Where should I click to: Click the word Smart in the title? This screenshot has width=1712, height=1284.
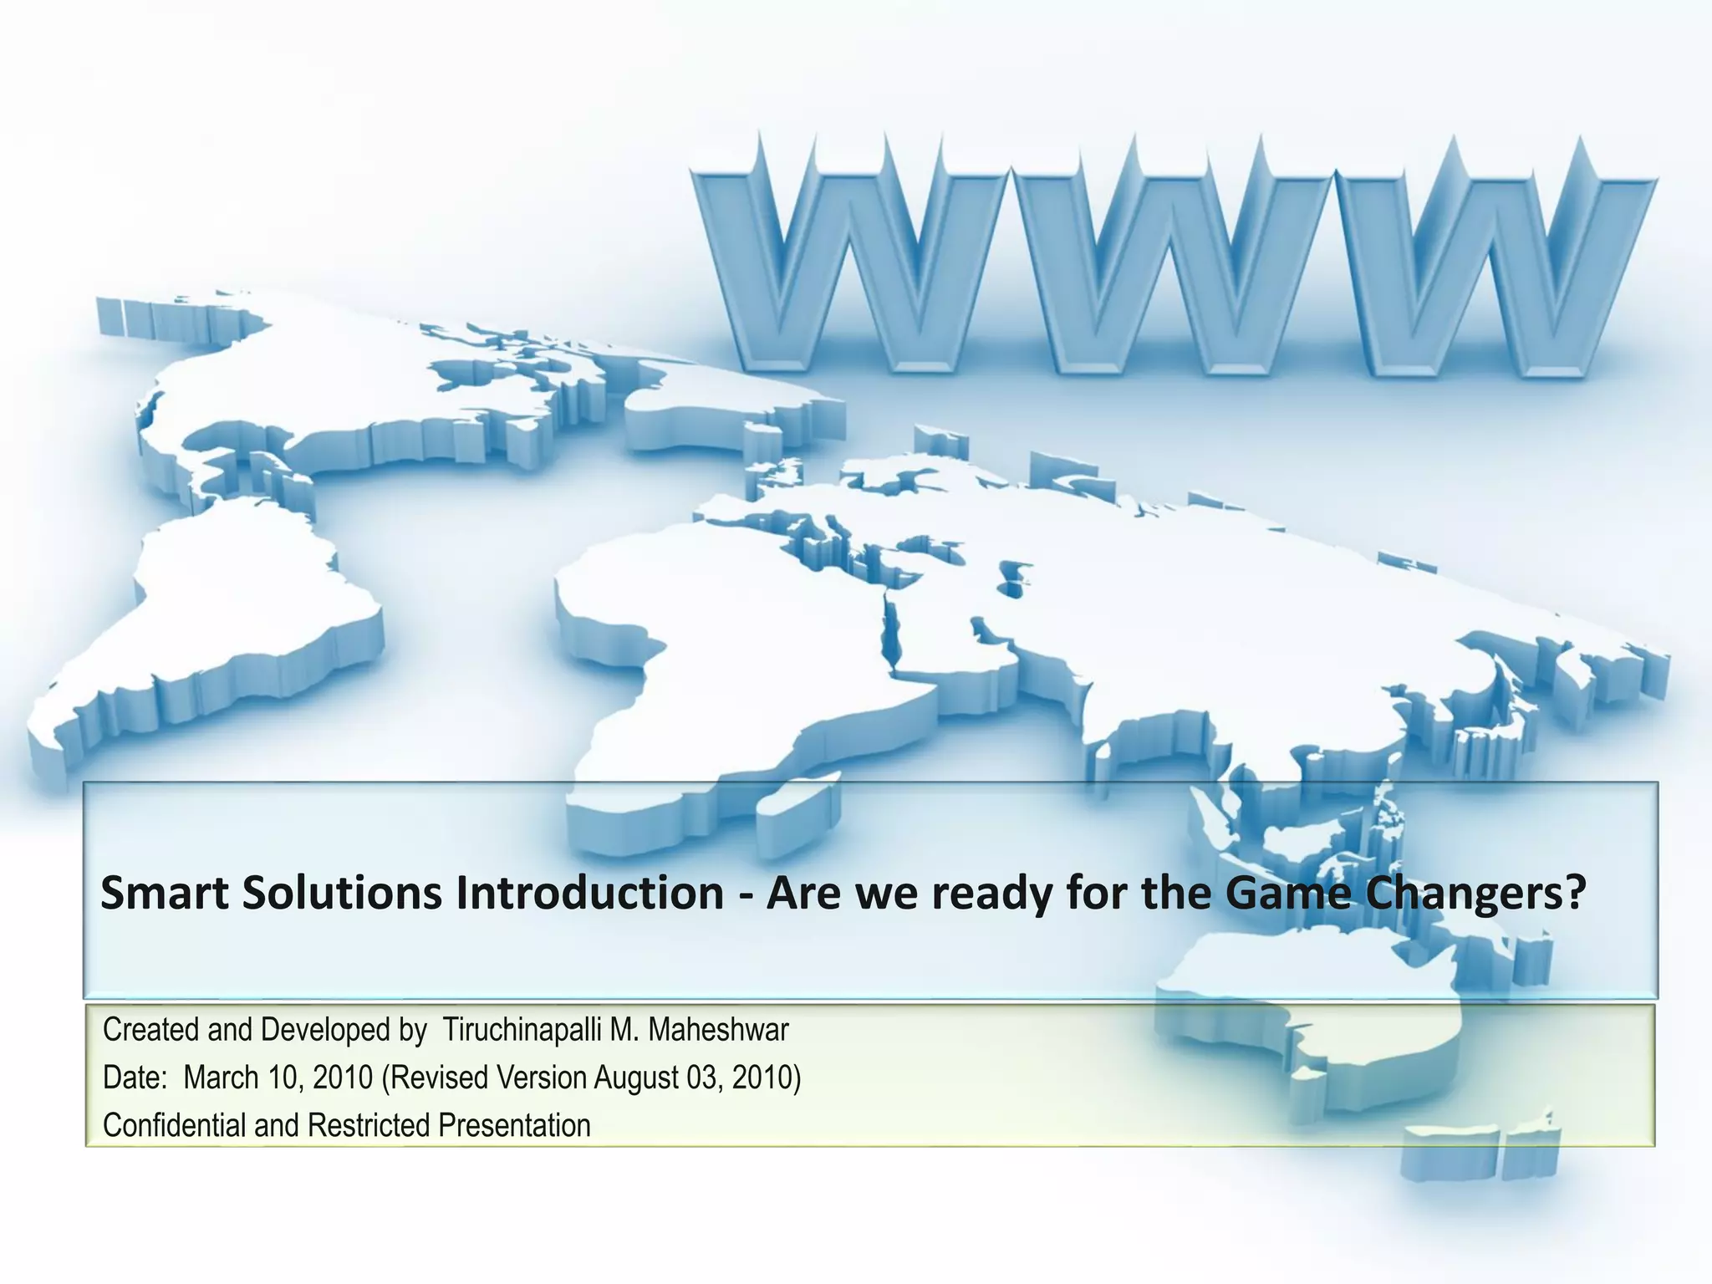[165, 893]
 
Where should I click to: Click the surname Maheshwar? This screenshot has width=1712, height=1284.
[718, 1030]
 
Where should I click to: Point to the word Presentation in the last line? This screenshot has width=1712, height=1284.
[514, 1126]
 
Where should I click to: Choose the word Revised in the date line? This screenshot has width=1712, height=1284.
[440, 1078]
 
